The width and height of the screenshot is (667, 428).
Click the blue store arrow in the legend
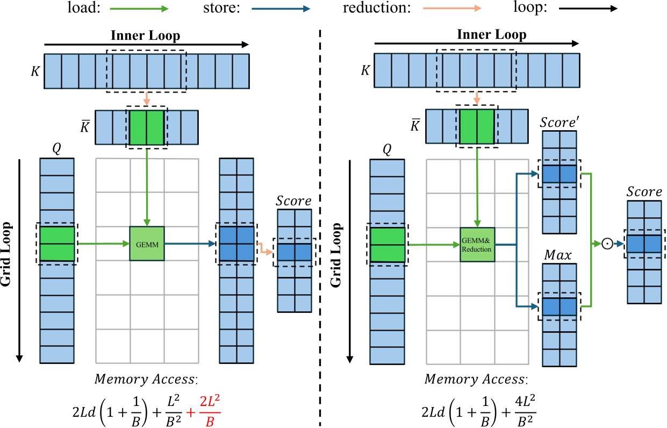point(284,9)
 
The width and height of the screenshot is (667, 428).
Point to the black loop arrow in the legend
point(589,9)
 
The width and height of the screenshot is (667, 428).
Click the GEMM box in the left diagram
point(146,244)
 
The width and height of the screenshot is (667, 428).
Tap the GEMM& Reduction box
point(477,245)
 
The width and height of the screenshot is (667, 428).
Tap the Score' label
point(559,123)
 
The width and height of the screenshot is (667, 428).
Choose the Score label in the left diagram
point(293,201)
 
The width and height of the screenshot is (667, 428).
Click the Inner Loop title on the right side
point(491,35)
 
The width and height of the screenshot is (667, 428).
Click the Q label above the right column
point(386,151)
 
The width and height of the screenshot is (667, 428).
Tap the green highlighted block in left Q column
point(57,244)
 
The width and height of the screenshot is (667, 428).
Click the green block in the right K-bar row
point(476,127)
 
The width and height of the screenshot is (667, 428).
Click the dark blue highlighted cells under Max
point(559,306)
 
